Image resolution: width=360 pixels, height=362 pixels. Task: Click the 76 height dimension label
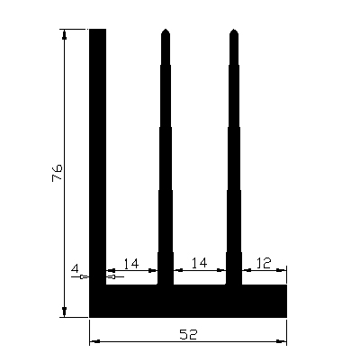coord(55,173)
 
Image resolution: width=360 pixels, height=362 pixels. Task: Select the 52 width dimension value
coord(188,334)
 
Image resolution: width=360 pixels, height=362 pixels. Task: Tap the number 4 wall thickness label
coord(76,268)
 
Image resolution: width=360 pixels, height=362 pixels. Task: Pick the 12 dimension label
coord(264,263)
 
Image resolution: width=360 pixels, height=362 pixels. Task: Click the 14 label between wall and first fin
coord(130,263)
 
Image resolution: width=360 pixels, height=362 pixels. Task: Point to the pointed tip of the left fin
coord(165,32)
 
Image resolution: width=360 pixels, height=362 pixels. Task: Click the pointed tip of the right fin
coord(233,32)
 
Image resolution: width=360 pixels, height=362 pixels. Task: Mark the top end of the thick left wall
coord(98,31)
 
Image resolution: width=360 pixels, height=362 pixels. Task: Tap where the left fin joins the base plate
coord(165,285)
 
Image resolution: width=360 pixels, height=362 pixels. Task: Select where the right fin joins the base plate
coord(233,285)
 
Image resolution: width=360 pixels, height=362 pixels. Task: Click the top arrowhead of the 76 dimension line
coord(65,34)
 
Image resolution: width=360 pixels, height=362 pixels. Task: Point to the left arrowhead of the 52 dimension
coord(94,342)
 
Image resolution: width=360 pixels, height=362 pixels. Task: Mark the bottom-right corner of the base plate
coord(286,316)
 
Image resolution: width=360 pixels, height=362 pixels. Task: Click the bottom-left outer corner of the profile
coord(90,316)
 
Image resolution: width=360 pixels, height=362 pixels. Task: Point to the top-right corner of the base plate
coord(286,285)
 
